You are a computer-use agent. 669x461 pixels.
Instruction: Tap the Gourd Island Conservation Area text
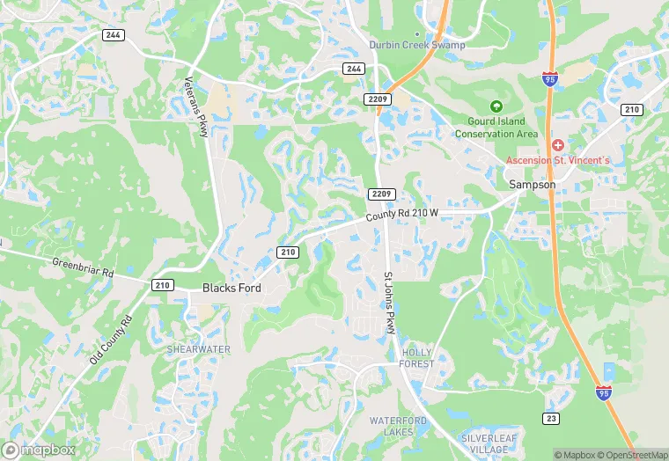[x=496, y=128]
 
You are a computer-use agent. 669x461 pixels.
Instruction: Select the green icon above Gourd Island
[x=496, y=106]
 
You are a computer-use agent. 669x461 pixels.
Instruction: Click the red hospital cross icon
[x=557, y=144]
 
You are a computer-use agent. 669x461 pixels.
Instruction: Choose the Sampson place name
[x=531, y=185]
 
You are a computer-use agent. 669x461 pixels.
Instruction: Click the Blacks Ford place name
[x=232, y=288]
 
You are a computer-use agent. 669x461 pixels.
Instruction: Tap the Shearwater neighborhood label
[x=199, y=349]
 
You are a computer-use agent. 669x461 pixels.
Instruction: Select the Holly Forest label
[x=416, y=357]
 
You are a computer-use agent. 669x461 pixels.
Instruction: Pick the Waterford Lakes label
[x=398, y=427]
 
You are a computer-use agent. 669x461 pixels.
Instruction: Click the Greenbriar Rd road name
[x=84, y=267]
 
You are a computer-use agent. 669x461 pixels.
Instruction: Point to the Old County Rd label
[x=109, y=340]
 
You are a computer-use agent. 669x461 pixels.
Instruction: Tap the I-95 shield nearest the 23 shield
[x=604, y=394]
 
